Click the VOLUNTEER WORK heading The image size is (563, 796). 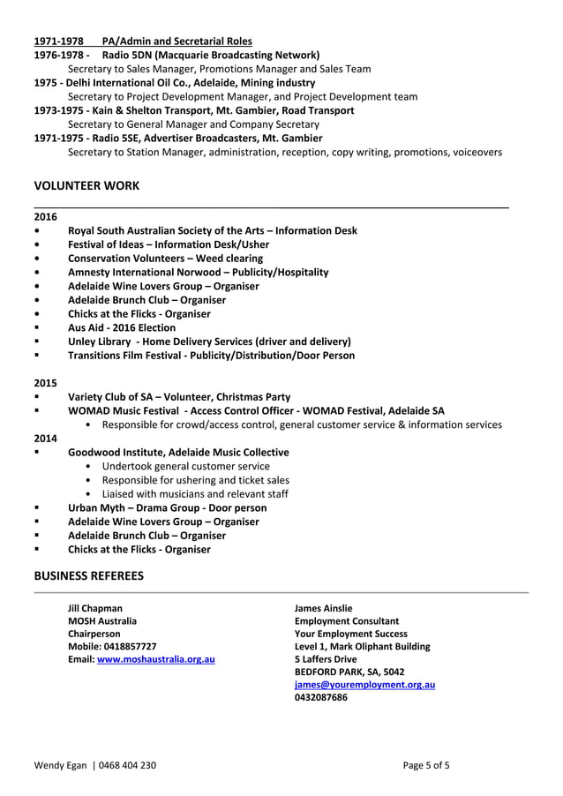(x=86, y=185)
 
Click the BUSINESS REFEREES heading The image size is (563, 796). (x=88, y=576)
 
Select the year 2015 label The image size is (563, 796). (x=45, y=383)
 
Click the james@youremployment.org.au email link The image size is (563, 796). (x=364, y=685)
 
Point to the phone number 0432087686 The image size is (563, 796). (x=320, y=697)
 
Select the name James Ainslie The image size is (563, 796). (x=323, y=608)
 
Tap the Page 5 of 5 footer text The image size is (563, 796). (x=426, y=765)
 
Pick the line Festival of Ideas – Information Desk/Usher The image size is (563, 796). (x=169, y=244)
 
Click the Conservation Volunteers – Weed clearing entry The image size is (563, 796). (x=165, y=259)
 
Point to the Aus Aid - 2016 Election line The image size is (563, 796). (x=122, y=327)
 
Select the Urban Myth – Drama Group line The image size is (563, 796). (x=167, y=507)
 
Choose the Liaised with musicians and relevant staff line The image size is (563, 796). (x=195, y=494)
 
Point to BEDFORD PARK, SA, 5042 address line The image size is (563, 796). (x=349, y=672)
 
